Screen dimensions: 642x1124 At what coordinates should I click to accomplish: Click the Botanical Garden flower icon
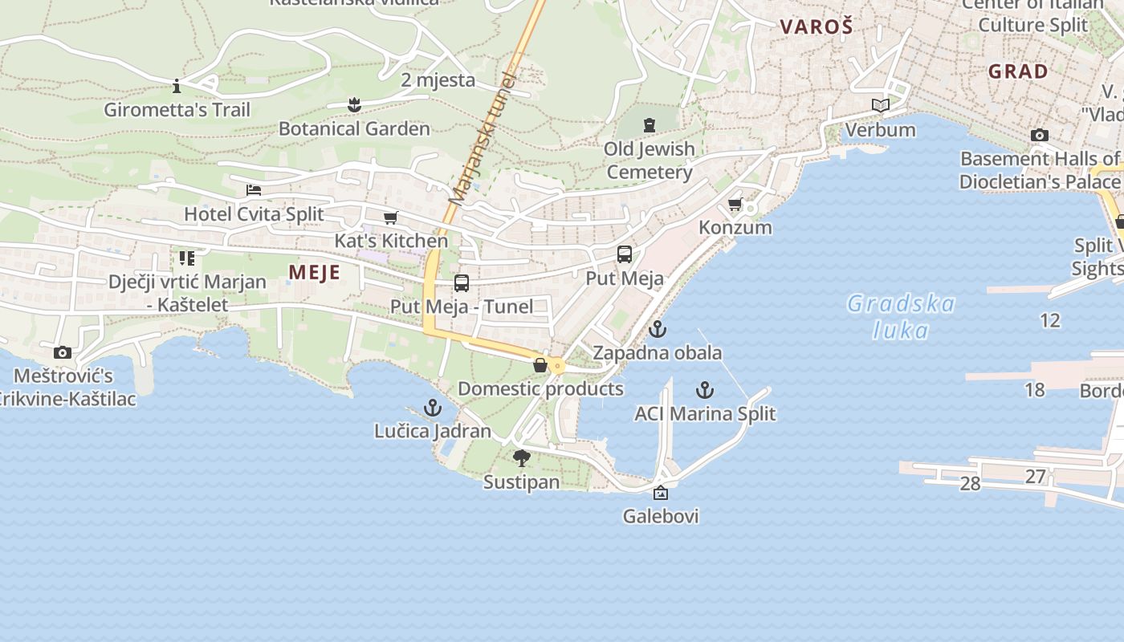click(354, 104)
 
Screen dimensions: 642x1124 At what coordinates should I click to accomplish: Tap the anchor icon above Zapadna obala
click(658, 328)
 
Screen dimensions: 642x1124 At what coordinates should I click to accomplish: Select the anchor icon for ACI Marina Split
click(704, 390)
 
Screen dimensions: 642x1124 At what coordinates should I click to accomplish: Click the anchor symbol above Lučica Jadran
click(433, 408)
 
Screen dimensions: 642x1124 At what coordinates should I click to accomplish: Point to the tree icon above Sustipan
click(521, 458)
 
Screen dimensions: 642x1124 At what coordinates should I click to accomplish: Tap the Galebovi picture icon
click(660, 493)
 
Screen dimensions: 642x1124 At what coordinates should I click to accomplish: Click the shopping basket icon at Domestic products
click(540, 365)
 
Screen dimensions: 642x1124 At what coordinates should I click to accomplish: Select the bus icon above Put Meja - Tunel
click(461, 282)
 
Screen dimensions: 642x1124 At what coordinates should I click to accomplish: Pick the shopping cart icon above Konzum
click(735, 204)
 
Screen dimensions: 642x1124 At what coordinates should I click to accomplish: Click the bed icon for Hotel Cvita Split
click(254, 190)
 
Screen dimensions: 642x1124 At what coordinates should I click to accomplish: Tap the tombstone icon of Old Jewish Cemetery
click(649, 125)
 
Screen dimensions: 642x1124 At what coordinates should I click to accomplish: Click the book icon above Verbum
click(881, 105)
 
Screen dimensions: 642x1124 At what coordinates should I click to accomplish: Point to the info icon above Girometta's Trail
click(177, 86)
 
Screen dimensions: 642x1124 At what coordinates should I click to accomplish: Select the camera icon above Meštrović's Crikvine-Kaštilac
click(62, 352)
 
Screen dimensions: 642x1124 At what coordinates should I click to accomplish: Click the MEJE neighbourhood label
click(315, 272)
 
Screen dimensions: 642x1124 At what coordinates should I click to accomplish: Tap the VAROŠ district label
click(816, 26)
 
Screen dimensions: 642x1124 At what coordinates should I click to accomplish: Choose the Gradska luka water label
click(901, 316)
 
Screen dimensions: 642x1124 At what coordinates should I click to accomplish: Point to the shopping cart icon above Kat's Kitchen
click(391, 217)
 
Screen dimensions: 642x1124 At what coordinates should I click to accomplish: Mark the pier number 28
click(970, 483)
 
